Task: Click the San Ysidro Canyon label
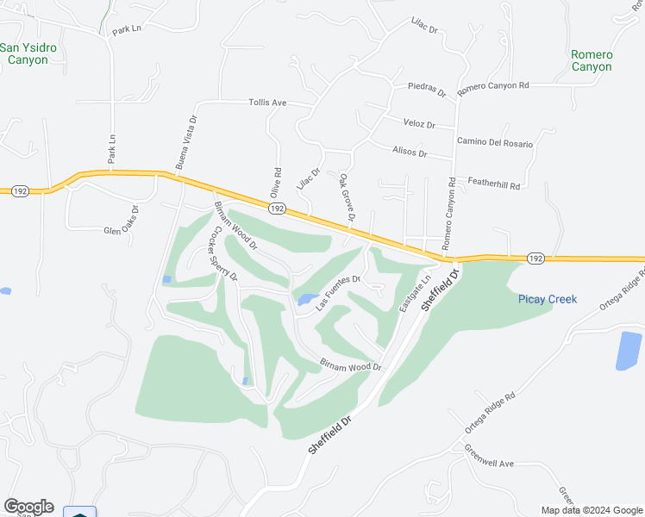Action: tap(28, 53)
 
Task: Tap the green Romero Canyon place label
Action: tap(592, 60)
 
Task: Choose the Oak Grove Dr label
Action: tap(347, 197)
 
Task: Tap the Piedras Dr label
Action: tap(427, 90)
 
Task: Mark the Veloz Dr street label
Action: tap(418, 124)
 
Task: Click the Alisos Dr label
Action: tap(410, 153)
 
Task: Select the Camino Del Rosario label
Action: tap(495, 142)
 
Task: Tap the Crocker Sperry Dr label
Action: tap(224, 253)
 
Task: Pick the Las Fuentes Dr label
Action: tap(337, 292)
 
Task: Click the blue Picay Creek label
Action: tap(548, 299)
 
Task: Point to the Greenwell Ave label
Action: tap(489, 457)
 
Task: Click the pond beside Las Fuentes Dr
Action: tap(306, 299)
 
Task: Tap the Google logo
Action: tap(28, 507)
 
